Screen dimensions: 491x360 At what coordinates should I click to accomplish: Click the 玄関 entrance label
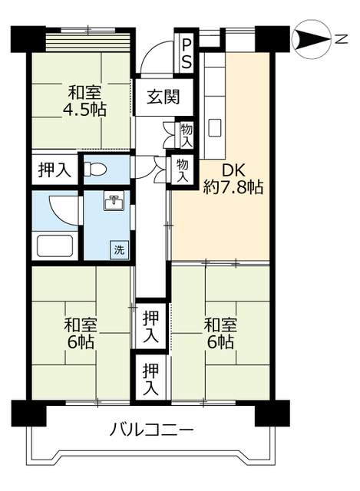point(163,97)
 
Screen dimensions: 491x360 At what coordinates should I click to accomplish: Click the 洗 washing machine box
point(120,248)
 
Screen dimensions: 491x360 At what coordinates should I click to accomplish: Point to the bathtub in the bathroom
point(55,246)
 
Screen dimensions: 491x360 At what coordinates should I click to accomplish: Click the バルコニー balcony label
point(151,428)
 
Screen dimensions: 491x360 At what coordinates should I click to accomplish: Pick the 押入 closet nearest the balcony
point(152,377)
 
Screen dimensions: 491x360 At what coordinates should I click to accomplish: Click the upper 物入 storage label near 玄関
point(186,134)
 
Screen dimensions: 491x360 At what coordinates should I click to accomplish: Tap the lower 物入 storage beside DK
point(181,168)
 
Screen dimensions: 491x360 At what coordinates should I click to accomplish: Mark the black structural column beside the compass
point(269,38)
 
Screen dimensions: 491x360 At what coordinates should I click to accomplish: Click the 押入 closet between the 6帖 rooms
point(152,325)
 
